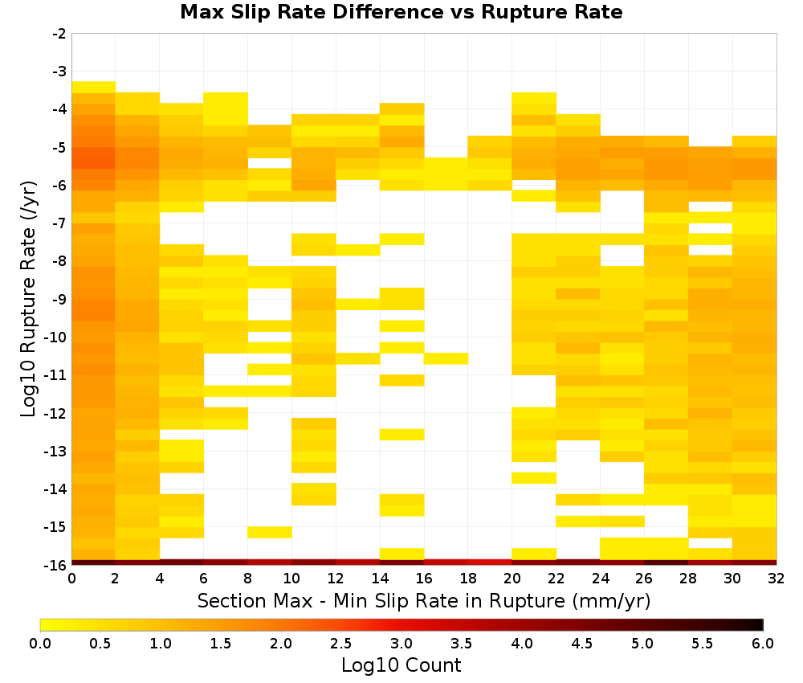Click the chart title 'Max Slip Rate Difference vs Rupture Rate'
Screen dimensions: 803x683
(x=401, y=12)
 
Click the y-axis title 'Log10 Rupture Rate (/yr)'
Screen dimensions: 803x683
(x=28, y=299)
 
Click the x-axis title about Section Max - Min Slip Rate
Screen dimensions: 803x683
(x=423, y=601)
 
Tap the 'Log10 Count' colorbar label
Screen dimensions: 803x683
(x=401, y=665)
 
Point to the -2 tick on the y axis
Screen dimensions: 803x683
(x=60, y=34)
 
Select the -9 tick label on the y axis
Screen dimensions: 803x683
(x=60, y=299)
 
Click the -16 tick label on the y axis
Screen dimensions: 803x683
(x=56, y=565)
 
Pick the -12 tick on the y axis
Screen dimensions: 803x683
(x=56, y=413)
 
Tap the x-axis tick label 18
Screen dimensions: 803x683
(x=467, y=579)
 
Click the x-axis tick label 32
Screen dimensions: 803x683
(x=776, y=579)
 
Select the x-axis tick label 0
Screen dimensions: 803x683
(x=71, y=579)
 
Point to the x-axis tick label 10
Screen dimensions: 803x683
(x=291, y=579)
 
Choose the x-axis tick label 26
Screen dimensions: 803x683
(x=644, y=579)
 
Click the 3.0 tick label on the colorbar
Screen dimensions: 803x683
(x=401, y=643)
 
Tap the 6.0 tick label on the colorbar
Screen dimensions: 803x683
(x=763, y=643)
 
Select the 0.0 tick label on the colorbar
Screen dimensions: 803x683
(x=40, y=643)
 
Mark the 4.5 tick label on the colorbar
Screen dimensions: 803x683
(x=582, y=643)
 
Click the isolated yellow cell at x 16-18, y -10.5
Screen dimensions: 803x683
(x=446, y=358)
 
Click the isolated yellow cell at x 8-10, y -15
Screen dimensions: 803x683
(x=270, y=533)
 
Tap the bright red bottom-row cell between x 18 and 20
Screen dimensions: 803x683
(x=490, y=562)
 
